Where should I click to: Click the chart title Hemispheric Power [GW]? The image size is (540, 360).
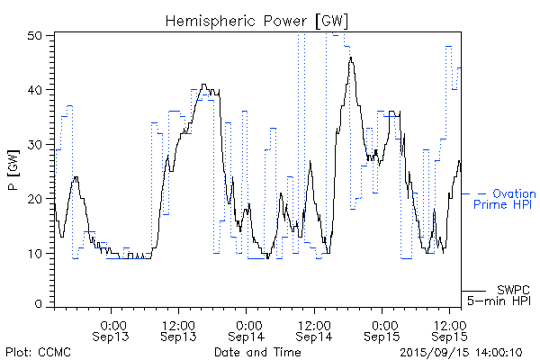(x=257, y=19)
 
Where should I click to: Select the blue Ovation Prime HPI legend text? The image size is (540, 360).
(x=505, y=199)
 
